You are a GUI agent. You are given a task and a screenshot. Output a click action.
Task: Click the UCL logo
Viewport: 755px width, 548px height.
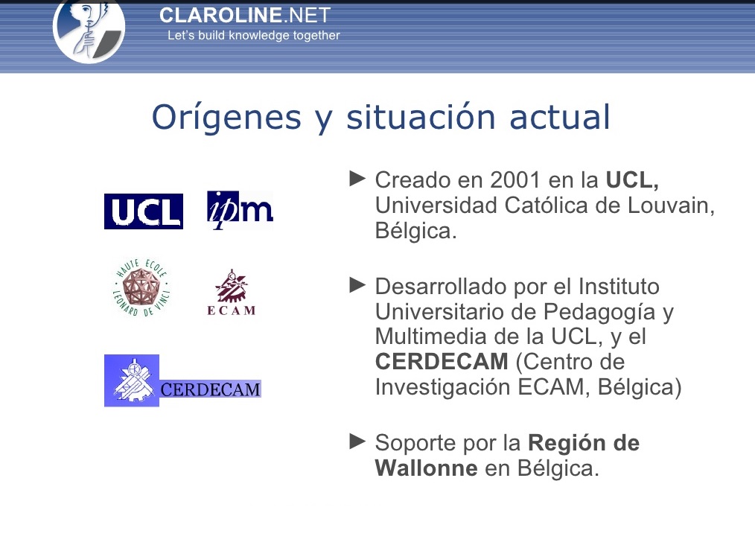[143, 211]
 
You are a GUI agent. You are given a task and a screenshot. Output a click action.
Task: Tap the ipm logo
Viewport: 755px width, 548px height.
[239, 210]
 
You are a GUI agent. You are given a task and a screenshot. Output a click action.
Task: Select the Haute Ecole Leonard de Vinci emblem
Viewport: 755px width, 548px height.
[141, 287]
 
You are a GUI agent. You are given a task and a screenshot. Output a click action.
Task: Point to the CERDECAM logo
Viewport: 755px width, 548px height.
[182, 380]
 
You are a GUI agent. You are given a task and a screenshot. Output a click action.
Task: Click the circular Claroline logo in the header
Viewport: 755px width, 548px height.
[89, 30]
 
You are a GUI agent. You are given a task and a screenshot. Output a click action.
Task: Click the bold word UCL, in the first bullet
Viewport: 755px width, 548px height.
[632, 180]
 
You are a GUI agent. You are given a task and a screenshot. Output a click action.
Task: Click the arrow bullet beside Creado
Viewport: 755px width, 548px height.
[357, 179]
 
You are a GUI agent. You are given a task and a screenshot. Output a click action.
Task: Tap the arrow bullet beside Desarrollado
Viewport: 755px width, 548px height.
[357, 284]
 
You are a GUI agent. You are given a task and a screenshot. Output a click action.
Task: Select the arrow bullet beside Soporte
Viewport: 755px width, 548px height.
[357, 442]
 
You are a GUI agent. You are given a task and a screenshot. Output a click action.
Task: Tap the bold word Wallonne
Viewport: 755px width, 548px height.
[426, 468]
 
